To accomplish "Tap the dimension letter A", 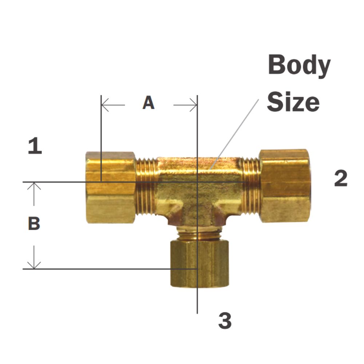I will click(x=148, y=103).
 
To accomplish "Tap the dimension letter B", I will click(x=34, y=224).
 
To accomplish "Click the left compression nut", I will click(x=111, y=187).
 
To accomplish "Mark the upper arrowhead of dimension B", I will click(x=34, y=185).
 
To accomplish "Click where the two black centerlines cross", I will click(x=197, y=181).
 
